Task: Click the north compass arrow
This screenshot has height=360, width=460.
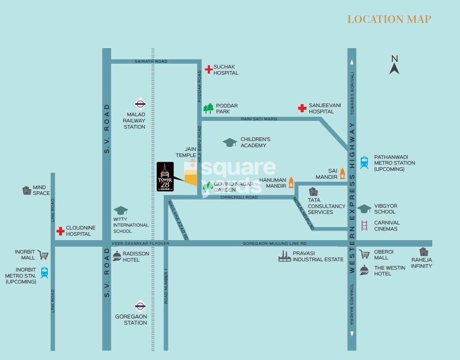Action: click(394, 68)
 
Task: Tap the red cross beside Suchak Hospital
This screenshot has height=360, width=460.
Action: click(208, 69)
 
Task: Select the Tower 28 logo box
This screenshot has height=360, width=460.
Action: click(165, 177)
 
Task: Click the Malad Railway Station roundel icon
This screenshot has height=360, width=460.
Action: click(140, 104)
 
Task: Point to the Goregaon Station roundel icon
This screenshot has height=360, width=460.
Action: click(140, 306)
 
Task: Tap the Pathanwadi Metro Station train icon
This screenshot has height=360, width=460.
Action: click(364, 163)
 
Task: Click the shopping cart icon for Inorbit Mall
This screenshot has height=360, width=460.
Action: click(43, 255)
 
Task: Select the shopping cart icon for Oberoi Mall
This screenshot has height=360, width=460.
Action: click(364, 254)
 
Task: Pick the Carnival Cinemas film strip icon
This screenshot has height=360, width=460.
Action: click(364, 226)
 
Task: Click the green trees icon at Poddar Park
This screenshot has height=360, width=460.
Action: click(208, 108)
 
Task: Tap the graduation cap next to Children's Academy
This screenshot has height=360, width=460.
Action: click(230, 142)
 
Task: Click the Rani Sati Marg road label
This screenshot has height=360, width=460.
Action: click(259, 119)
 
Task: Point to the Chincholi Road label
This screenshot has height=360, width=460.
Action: click(239, 197)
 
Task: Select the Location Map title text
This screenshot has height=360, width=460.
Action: click(389, 19)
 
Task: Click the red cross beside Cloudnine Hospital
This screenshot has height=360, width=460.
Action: click(61, 231)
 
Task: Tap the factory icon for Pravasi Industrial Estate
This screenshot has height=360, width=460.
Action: click(284, 257)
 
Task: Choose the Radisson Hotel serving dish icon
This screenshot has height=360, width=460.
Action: click(117, 256)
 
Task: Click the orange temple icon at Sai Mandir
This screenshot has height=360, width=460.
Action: click(342, 173)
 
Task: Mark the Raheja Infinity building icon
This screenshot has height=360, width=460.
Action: click(423, 252)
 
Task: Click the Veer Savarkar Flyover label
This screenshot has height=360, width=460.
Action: click(140, 243)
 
